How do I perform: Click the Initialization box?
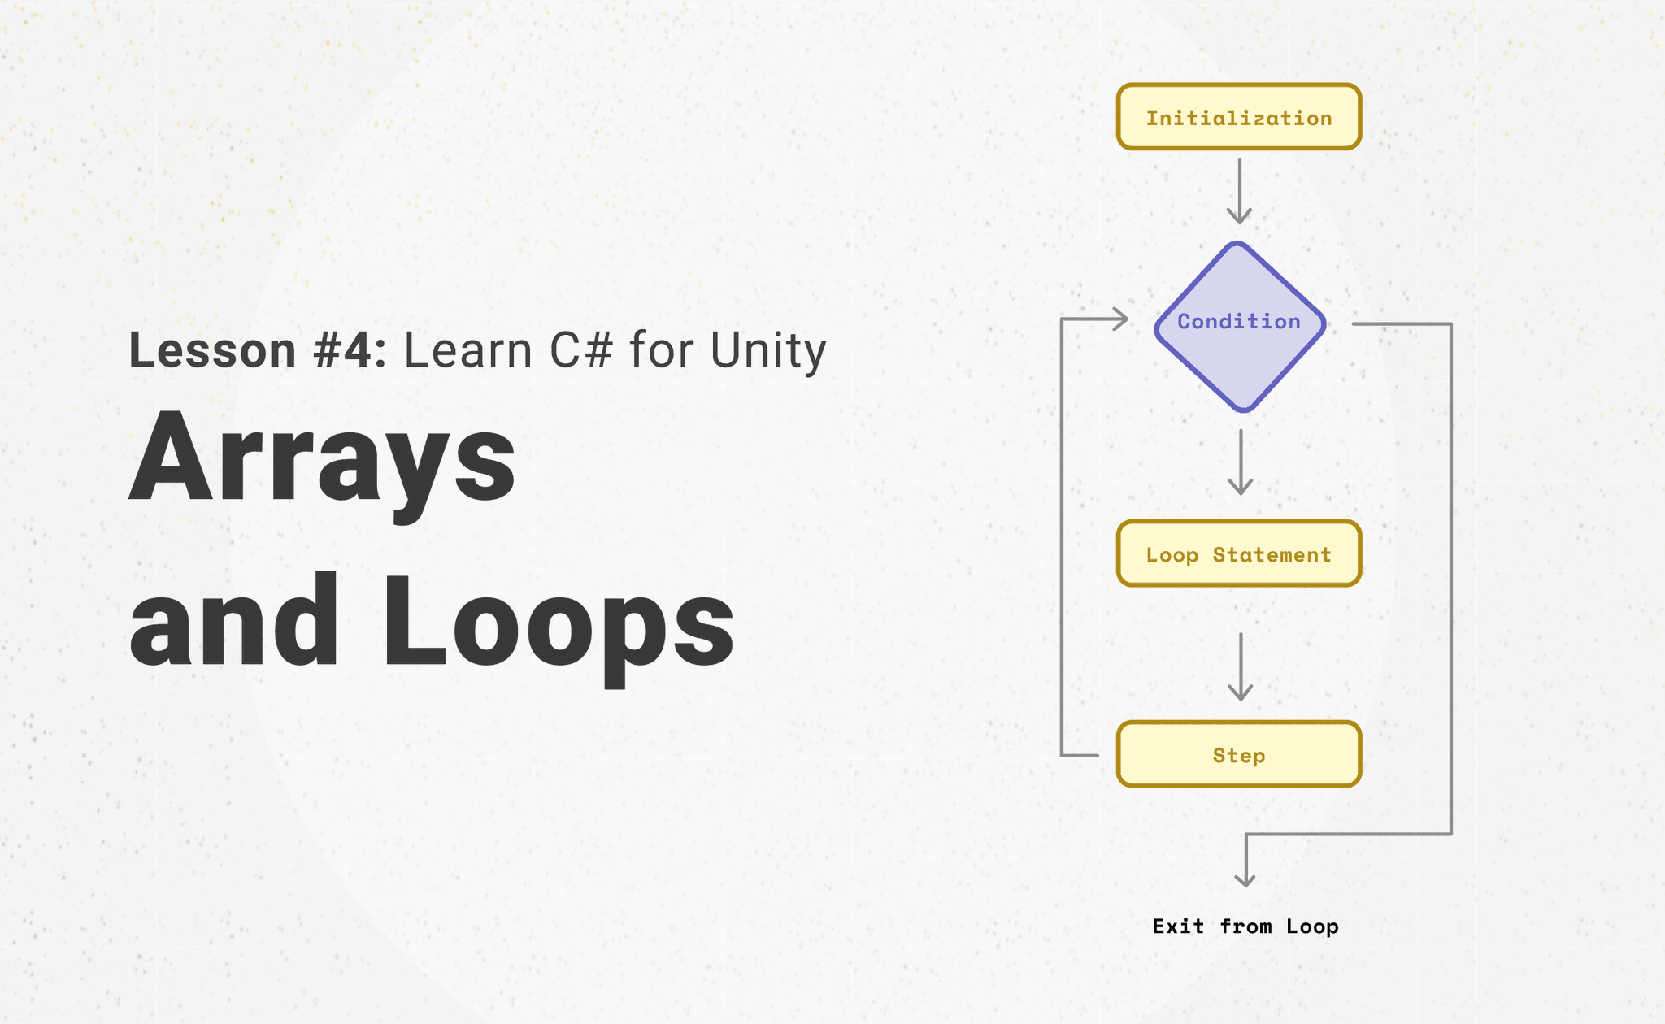click(x=1238, y=117)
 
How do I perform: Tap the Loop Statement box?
click(x=1238, y=554)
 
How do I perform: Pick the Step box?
click(x=1238, y=754)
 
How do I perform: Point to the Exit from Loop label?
click(x=1245, y=926)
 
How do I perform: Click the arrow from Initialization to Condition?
click(x=1239, y=191)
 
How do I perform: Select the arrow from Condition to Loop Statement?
click(x=1240, y=461)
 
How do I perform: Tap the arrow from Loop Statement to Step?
click(x=1240, y=666)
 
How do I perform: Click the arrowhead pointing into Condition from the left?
click(x=1121, y=319)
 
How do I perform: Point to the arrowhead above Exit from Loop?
click(x=1245, y=879)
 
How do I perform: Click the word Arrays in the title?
click(x=322, y=460)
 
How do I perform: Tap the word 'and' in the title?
click(x=233, y=622)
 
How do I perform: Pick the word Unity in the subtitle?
click(x=768, y=351)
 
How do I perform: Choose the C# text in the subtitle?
click(x=580, y=351)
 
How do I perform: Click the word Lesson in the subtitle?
click(x=212, y=351)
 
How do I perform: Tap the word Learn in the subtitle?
click(x=467, y=351)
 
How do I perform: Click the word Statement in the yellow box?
click(x=1272, y=555)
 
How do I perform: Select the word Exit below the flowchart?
click(x=1178, y=926)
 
